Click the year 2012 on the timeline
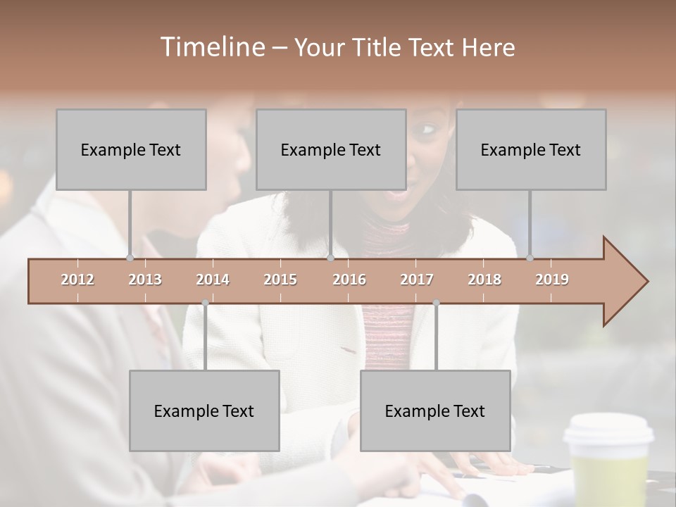pyautogui.click(x=77, y=280)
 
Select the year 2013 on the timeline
pyautogui.click(x=145, y=280)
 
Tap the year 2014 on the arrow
pyautogui.click(x=213, y=280)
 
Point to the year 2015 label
pyautogui.click(x=280, y=280)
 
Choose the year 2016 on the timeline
pyautogui.click(x=349, y=280)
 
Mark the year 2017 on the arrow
pyautogui.click(x=417, y=280)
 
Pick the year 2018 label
pyautogui.click(x=484, y=280)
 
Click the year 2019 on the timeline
pyautogui.click(x=552, y=280)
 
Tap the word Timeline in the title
pyautogui.click(x=211, y=47)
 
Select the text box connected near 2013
pyautogui.click(x=131, y=149)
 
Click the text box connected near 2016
pyautogui.click(x=331, y=149)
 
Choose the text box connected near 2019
pyautogui.click(x=531, y=149)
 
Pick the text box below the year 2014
pyautogui.click(x=204, y=411)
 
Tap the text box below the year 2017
pyautogui.click(x=435, y=411)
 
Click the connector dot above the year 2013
pyautogui.click(x=130, y=258)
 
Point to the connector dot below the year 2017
pyautogui.click(x=436, y=303)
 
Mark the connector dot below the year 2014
pyautogui.click(x=205, y=303)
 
